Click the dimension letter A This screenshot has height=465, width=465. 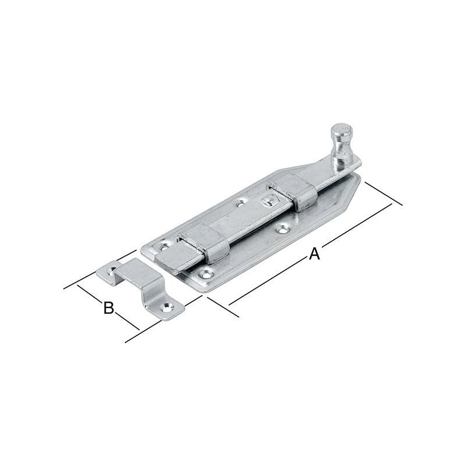click(314, 254)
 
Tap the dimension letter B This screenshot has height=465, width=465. click(109, 307)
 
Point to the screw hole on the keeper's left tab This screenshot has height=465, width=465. click(112, 270)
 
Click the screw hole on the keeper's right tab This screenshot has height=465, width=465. click(168, 307)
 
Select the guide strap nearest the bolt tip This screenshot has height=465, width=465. click(205, 242)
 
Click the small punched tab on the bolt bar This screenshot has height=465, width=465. click(269, 200)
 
